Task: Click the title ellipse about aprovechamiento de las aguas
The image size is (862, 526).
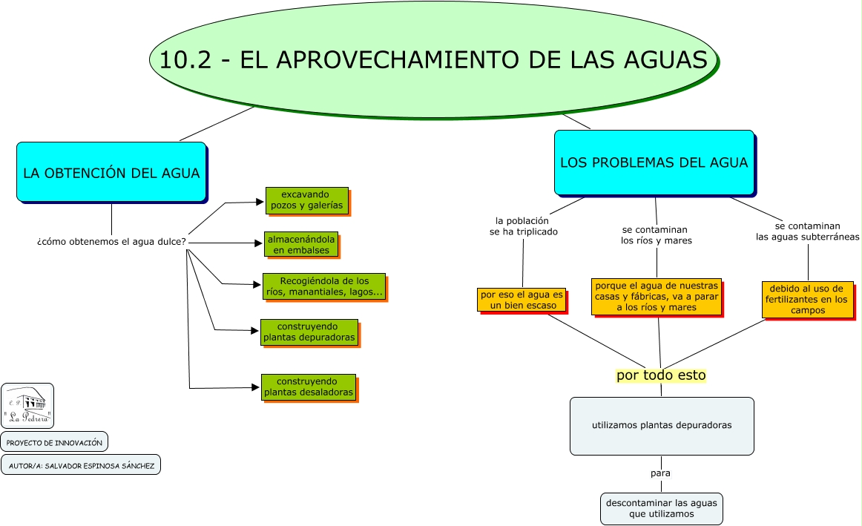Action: (x=433, y=59)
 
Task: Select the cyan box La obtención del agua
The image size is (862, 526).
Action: (x=111, y=172)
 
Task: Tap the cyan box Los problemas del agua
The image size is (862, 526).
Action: (x=654, y=162)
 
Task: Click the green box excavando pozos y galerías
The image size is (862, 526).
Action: (x=306, y=200)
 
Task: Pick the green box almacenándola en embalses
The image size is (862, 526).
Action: (x=301, y=245)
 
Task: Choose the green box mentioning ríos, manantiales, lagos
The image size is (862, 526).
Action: (x=324, y=286)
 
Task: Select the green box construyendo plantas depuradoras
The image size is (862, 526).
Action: (x=309, y=332)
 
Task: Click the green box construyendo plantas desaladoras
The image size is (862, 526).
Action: (x=308, y=387)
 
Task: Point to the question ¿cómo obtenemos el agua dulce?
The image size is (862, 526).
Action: (x=111, y=242)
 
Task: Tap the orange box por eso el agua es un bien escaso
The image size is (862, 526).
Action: (x=522, y=300)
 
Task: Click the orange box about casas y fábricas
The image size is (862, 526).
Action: (x=656, y=296)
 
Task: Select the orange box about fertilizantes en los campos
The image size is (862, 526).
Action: (x=807, y=299)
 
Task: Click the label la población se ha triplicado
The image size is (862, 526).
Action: (x=523, y=226)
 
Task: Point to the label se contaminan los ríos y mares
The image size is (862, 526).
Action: (x=656, y=235)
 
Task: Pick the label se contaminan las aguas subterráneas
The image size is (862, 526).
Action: (x=807, y=231)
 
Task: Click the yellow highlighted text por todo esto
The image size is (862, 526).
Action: (x=661, y=375)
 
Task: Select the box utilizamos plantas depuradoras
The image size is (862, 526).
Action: (x=662, y=426)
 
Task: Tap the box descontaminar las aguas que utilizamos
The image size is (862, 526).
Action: (x=661, y=508)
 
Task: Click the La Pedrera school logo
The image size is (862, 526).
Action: (x=27, y=405)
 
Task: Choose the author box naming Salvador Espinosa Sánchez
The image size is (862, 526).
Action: (x=80, y=465)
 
